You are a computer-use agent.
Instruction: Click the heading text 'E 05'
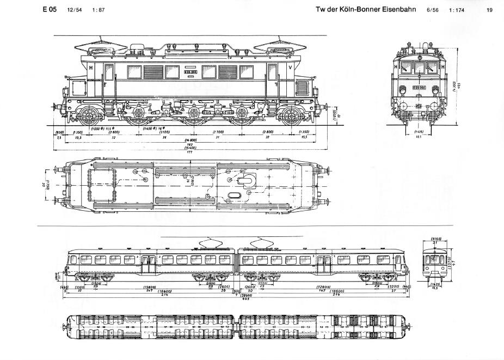49,10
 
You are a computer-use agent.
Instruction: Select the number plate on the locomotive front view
419,87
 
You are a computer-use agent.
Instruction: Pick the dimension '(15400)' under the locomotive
190,148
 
